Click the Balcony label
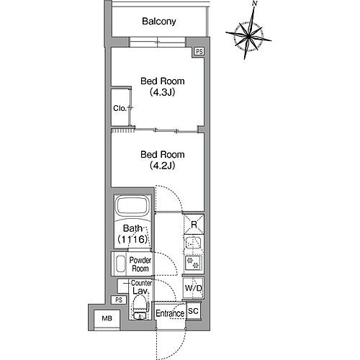tap(160, 22)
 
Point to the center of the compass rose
tap(247, 35)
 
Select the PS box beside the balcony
tap(199, 53)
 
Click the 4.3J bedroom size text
tap(158, 92)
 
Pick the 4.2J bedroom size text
tap(159, 165)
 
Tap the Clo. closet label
tap(120, 108)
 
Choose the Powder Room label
tap(139, 263)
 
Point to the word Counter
tap(140, 283)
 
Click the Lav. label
tap(140, 292)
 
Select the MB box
tap(107, 318)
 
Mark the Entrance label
tap(171, 314)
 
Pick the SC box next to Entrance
tap(193, 311)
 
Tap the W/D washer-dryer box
tap(193, 288)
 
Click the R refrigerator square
tap(193, 225)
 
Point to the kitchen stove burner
tap(192, 261)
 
